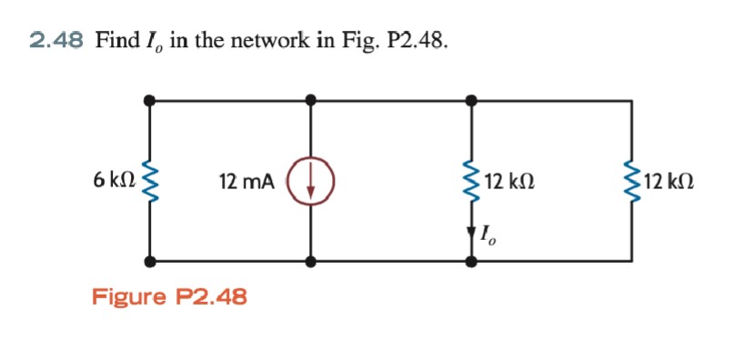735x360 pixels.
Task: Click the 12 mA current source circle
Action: [x=311, y=182]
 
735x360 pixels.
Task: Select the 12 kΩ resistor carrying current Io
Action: [x=471, y=182]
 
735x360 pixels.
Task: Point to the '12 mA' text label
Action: [x=246, y=182]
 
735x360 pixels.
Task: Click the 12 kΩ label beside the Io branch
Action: [x=509, y=182]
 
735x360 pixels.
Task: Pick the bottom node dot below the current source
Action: [x=311, y=262]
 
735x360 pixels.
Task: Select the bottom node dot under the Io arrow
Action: [x=471, y=262]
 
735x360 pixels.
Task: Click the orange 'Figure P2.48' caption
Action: [x=169, y=297]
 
